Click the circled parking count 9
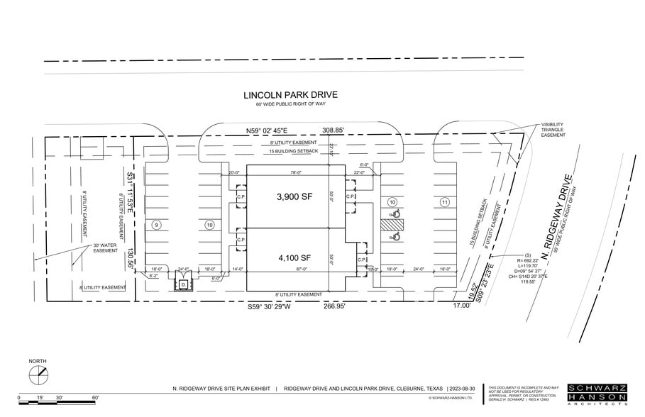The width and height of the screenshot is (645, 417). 157,225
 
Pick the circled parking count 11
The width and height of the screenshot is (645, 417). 445,202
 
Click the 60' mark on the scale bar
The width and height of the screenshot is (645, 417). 94,398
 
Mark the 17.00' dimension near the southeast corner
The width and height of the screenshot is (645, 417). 463,306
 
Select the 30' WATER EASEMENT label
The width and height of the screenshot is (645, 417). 104,248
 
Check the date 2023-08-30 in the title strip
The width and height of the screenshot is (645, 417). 465,389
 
